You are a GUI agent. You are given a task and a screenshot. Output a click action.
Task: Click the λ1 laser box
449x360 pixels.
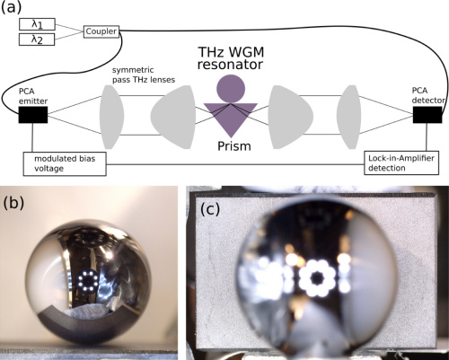[37, 24]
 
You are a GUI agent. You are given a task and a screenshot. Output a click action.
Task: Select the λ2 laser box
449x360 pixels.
[37, 40]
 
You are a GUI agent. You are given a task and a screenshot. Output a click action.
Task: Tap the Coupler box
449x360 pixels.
[101, 31]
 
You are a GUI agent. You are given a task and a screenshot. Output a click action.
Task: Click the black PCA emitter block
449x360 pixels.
[33, 115]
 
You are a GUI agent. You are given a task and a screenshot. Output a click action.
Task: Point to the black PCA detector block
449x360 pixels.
[427, 115]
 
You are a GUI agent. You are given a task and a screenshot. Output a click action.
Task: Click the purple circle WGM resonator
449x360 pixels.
[231, 89]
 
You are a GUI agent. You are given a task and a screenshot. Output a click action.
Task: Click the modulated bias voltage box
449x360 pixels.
[65, 163]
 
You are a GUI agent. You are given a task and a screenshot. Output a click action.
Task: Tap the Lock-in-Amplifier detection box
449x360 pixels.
[401, 163]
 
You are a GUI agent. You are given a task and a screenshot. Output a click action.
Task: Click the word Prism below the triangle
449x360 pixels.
[234, 146]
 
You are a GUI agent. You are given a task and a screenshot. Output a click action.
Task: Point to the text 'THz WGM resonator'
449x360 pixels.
[231, 58]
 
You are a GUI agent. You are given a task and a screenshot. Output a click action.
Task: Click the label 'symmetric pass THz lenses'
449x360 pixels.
[144, 75]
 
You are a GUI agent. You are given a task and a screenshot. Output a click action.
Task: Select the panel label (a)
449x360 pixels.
[12, 7]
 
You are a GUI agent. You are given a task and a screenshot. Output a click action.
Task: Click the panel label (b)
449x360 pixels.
[13, 202]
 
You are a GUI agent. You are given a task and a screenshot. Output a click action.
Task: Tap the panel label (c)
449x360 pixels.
[210, 209]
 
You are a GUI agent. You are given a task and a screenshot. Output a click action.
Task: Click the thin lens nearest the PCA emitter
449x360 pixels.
[111, 117]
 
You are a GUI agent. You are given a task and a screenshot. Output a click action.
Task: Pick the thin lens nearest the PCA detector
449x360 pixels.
[348, 117]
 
